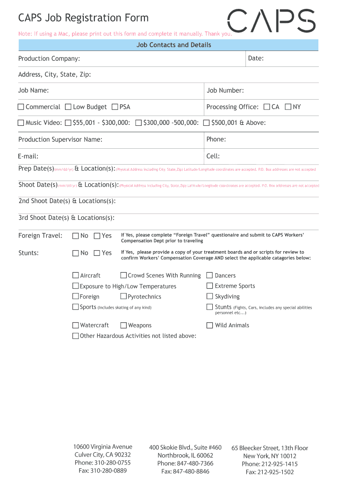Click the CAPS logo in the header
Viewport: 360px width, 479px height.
click(x=271, y=22)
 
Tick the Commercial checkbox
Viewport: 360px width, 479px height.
click(x=21, y=107)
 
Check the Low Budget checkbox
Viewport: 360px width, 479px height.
click(x=68, y=107)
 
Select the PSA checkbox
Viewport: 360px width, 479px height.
click(x=115, y=107)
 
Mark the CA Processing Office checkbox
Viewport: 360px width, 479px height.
click(x=266, y=107)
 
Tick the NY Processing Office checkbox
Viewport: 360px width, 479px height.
click(x=288, y=107)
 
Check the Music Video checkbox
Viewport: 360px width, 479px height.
click(x=21, y=123)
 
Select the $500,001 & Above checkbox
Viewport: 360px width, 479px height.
click(x=207, y=123)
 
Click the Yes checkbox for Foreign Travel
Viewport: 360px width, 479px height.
click(x=97, y=236)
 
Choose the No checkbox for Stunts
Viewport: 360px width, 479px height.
click(x=76, y=253)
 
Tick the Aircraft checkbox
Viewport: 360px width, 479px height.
click(x=76, y=276)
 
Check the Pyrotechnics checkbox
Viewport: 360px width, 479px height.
click(x=123, y=297)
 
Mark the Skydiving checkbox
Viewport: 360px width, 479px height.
click(x=210, y=297)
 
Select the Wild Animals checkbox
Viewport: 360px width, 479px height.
click(x=210, y=326)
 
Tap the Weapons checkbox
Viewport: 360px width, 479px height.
click(x=123, y=326)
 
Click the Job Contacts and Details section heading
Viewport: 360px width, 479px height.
click(x=173, y=45)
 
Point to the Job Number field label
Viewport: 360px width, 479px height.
click(x=225, y=91)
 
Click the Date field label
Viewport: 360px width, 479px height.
click(x=256, y=58)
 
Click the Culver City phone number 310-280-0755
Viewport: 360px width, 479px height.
click(x=102, y=463)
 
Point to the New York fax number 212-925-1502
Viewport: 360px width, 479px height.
click(x=270, y=472)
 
